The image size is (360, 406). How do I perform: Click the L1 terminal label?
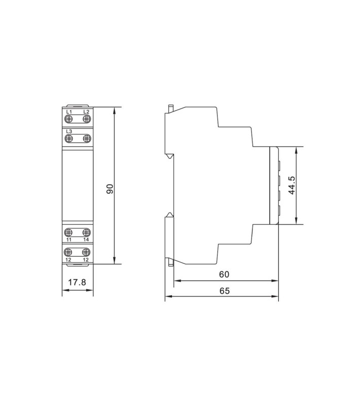69,112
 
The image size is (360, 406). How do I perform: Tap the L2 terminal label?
86,112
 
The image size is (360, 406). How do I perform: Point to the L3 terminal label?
69,131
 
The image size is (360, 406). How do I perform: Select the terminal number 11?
69,240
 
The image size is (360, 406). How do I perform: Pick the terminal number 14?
86,240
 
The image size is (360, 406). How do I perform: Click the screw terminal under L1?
69,119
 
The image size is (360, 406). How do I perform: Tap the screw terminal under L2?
87,119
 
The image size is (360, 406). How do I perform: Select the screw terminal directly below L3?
69,139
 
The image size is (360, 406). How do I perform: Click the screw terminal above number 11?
68,232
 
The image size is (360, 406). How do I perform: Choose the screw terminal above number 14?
86,232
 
